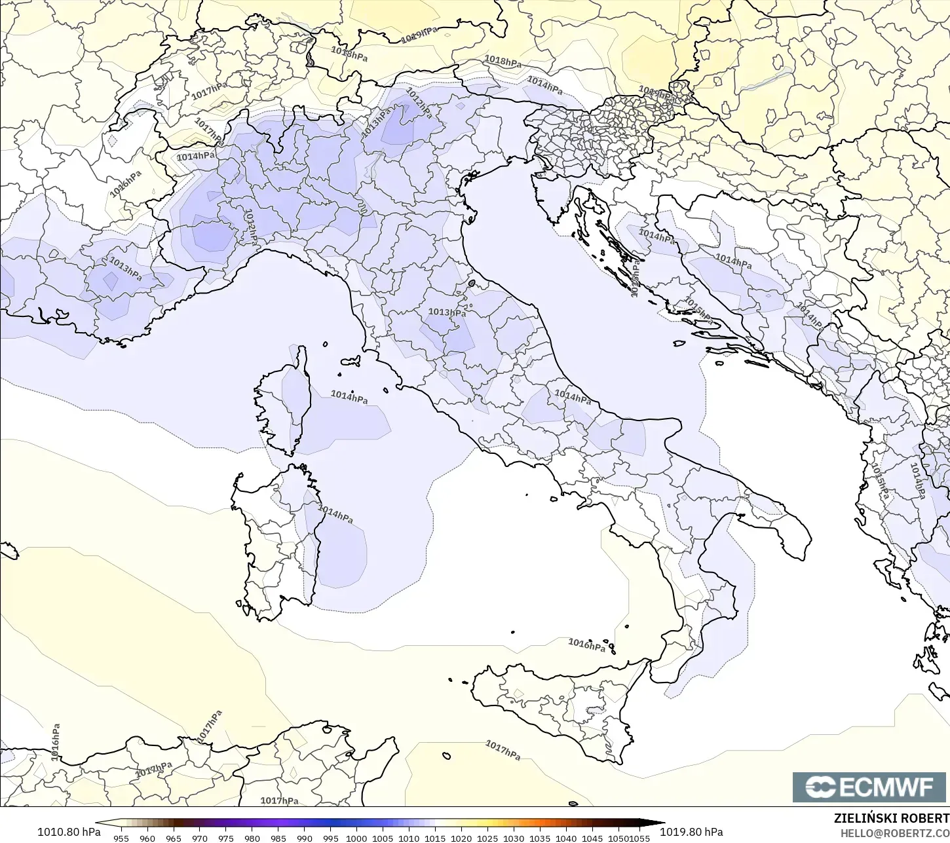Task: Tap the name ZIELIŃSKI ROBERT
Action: (891, 819)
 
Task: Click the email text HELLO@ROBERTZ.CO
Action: (895, 833)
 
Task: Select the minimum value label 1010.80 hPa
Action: (69, 832)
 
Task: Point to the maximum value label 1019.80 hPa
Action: (691, 832)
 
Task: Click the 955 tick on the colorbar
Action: (121, 838)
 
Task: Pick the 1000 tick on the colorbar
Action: (356, 838)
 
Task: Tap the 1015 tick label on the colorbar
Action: (435, 838)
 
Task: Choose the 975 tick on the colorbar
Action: (226, 838)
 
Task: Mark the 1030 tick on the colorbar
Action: (514, 838)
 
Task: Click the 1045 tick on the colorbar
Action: (592, 838)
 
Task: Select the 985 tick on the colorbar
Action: (278, 838)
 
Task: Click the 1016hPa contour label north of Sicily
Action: (586, 645)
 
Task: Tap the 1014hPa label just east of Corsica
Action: (349, 396)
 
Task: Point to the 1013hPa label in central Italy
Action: (447, 312)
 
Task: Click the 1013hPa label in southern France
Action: (125, 269)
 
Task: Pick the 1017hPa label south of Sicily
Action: (503, 750)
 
